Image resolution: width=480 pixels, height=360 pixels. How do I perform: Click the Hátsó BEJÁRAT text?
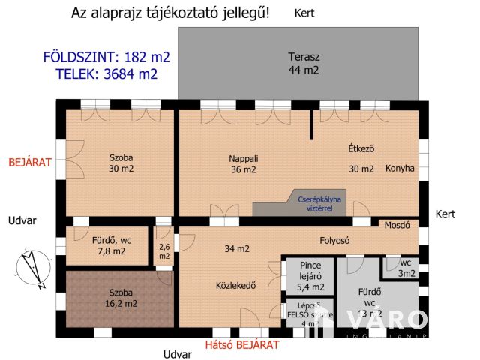242,345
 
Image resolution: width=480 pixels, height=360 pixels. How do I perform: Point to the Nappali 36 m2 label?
244,164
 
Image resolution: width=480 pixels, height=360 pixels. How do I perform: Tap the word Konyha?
400,169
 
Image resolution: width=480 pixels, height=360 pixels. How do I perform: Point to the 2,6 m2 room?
165,250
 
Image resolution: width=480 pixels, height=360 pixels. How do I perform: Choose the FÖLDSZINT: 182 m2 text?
107,57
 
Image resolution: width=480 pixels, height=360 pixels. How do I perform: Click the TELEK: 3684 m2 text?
107,73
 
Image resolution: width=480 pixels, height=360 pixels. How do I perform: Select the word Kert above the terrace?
304,13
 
